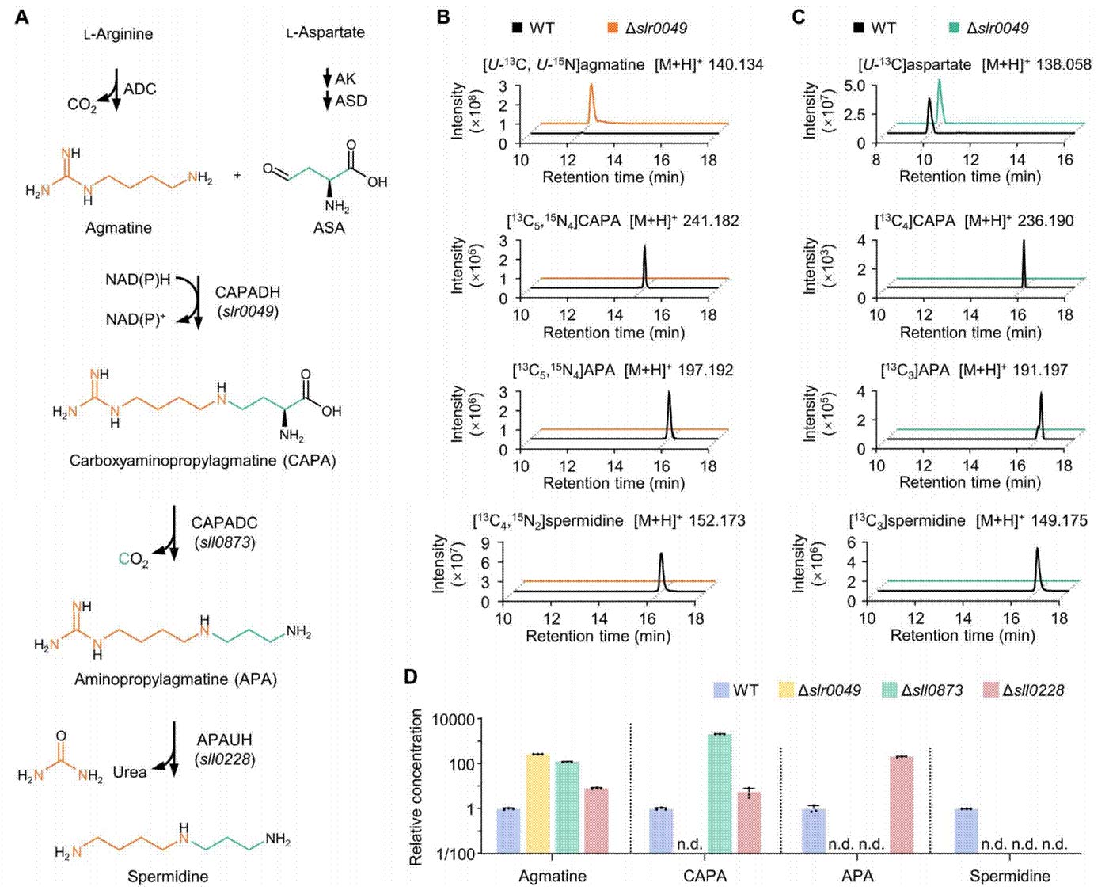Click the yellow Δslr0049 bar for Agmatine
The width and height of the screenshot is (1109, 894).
538,804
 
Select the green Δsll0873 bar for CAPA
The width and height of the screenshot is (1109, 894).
720,794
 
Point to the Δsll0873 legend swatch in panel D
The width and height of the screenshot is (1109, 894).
890,690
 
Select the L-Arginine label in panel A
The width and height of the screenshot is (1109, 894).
119,34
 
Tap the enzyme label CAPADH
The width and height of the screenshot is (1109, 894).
248,292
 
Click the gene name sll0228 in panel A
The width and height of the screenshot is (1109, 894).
225,760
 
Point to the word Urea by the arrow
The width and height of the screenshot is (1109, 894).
130,772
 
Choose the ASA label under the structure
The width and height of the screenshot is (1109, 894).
329,227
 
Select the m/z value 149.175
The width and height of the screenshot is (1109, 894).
1059,521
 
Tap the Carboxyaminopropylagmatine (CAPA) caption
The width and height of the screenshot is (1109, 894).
203,460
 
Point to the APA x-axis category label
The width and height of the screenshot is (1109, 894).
857,876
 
